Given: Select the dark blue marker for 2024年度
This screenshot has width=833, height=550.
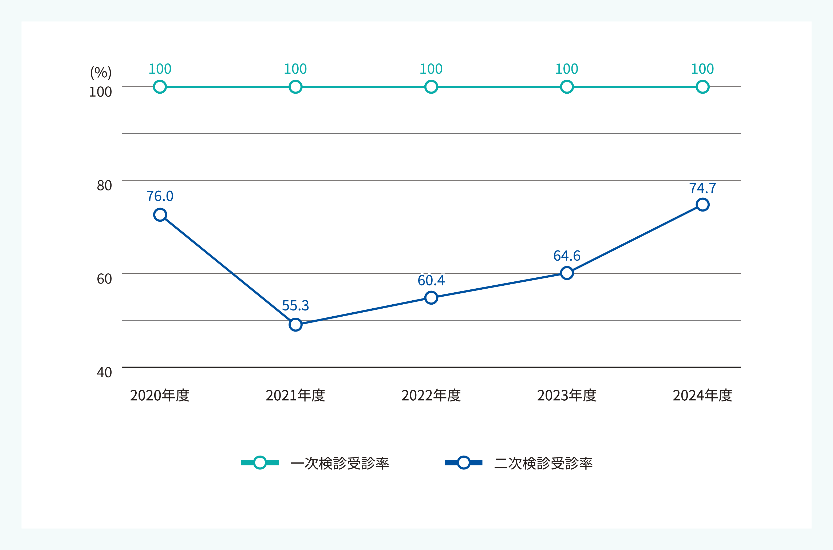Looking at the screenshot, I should point(702,205).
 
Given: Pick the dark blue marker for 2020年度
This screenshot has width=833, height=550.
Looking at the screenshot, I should point(160,215).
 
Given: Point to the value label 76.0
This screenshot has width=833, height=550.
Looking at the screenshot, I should point(160,196).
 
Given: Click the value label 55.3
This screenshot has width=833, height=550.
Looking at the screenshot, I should point(295,305).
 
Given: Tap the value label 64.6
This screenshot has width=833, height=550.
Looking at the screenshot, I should point(567,256).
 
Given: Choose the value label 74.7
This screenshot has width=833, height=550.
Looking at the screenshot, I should point(702,188).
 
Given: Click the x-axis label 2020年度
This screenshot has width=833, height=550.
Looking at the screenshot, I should point(160,395).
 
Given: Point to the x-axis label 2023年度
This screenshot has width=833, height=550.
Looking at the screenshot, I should point(567,395).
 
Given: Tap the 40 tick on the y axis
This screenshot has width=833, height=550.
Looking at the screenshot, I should point(104,372).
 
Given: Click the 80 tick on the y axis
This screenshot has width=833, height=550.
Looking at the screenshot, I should point(104,185).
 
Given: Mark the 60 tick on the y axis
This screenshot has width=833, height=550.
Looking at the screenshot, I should point(104,279).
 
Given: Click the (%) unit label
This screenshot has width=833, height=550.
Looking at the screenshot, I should point(101,73).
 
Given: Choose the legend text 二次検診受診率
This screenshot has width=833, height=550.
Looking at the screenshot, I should point(543,463).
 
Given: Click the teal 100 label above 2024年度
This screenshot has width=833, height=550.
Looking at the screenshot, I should point(702,69).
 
